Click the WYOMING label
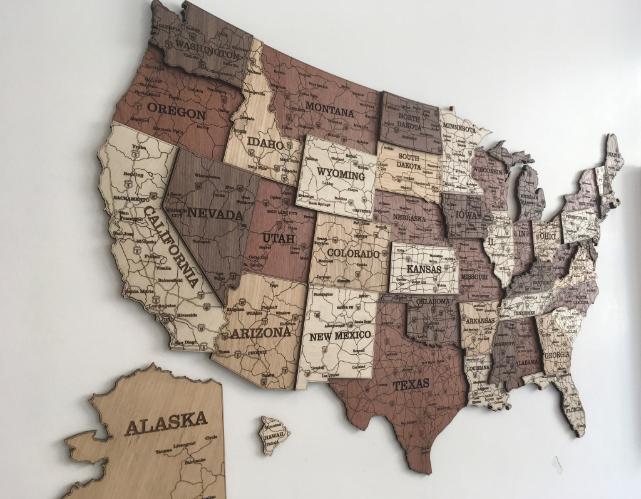(x=341, y=174)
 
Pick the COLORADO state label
(x=354, y=254)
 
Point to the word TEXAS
(x=411, y=384)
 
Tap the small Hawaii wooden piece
(x=274, y=434)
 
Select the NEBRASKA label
(x=409, y=218)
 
